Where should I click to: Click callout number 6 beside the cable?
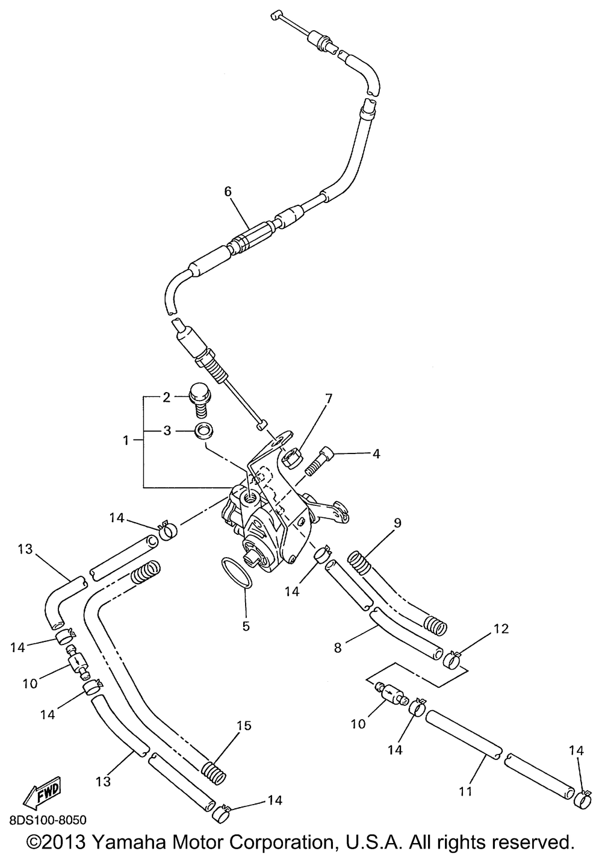coord(228,192)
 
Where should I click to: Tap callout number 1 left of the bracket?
coord(126,441)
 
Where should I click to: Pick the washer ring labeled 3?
coord(203,431)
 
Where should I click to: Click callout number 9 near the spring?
coord(397,523)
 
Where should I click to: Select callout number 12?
coord(502,629)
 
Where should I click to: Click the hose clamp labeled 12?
coord(453,658)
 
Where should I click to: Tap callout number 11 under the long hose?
coord(466,791)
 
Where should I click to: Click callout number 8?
coord(337,648)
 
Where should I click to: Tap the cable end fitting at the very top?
coord(276,16)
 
